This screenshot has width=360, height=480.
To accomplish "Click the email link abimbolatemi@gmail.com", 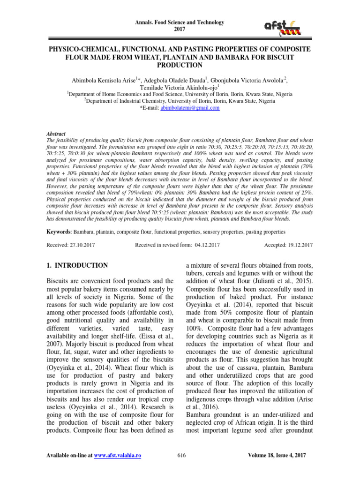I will tap(190, 108).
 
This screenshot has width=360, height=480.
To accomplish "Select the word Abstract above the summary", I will tap(56, 134).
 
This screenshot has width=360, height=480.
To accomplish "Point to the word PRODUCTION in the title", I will tap(180, 65).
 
